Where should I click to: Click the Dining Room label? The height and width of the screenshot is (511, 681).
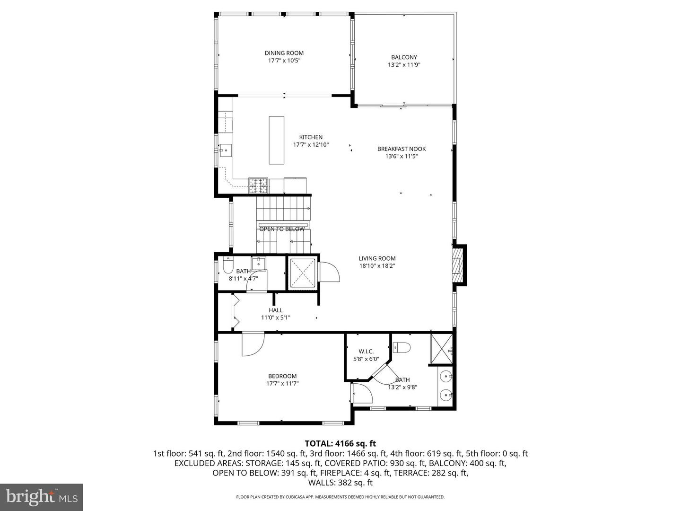[x=284, y=53]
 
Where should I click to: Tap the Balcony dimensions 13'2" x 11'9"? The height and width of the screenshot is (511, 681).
[x=404, y=65]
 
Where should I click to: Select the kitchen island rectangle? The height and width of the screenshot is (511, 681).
[x=277, y=140]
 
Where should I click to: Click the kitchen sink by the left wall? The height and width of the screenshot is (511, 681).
[x=226, y=150]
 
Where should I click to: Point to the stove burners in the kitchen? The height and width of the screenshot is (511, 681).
[x=258, y=185]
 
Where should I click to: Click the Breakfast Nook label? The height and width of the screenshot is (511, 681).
[x=402, y=149]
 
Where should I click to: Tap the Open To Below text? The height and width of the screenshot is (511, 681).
[x=282, y=229]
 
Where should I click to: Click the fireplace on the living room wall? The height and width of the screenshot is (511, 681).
[x=457, y=265]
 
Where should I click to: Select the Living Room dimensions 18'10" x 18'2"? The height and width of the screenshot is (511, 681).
[x=377, y=266]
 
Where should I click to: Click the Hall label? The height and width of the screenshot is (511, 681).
[x=276, y=310]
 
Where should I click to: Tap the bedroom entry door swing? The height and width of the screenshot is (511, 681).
[x=253, y=344]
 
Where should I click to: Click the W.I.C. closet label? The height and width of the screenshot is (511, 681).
[x=366, y=352]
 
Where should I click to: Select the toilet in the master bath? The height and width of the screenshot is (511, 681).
[x=402, y=347]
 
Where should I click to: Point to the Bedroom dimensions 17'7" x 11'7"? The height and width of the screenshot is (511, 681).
[x=282, y=383]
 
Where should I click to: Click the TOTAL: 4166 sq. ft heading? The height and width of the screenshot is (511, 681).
[x=340, y=444]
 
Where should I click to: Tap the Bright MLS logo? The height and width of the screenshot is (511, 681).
[x=42, y=497]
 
